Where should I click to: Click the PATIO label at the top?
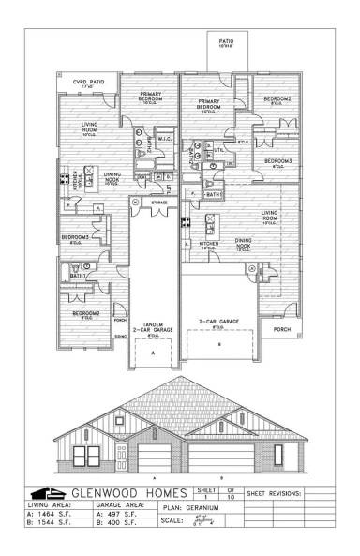226,42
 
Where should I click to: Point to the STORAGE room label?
159,202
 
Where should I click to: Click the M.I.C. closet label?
162,139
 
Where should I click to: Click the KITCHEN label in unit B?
208,245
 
